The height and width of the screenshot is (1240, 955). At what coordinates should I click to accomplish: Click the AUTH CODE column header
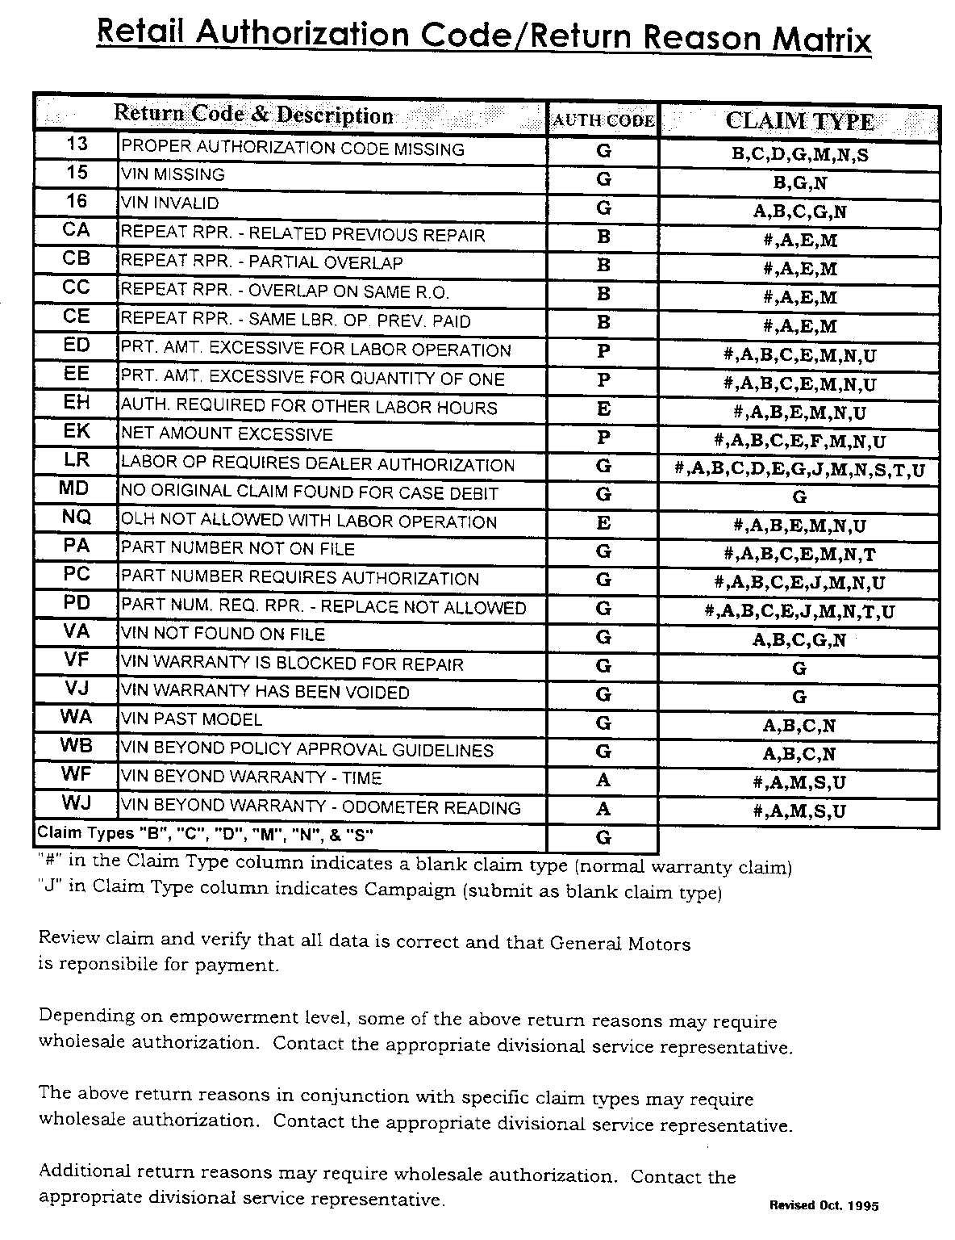(603, 120)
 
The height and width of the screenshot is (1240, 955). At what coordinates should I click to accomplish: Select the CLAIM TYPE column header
(799, 120)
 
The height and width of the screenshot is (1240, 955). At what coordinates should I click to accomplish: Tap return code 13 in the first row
(77, 145)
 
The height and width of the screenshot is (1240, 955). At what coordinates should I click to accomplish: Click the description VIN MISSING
(173, 174)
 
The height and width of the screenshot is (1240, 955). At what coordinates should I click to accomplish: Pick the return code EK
(77, 431)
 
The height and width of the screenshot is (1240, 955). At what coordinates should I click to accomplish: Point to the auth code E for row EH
(603, 409)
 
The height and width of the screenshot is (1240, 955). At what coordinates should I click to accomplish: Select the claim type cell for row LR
(799, 470)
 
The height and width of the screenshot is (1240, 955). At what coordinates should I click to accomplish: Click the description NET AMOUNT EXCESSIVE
(227, 434)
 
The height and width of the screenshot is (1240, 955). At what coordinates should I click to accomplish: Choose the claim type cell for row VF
(799, 668)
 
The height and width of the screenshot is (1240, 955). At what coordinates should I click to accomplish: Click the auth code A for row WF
(603, 781)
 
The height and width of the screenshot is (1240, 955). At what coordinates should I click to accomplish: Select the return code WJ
(77, 803)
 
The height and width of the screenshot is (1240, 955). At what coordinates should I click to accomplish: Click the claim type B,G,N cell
(799, 183)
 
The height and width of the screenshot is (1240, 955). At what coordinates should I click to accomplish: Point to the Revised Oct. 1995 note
(824, 1205)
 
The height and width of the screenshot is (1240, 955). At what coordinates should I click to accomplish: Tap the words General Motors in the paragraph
(620, 942)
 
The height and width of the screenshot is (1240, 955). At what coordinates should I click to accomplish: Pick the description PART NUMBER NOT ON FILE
(237, 549)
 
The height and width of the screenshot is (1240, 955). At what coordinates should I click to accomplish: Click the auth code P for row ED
(603, 351)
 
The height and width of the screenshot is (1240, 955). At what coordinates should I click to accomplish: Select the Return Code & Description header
(253, 115)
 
